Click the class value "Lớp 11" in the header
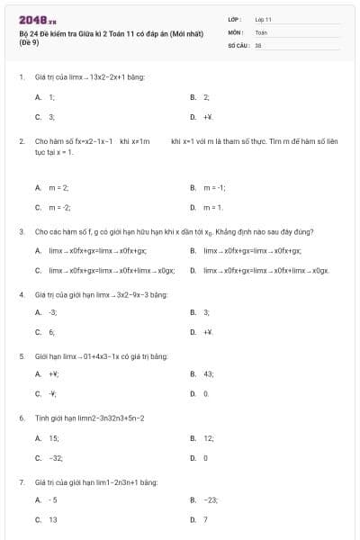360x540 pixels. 263,19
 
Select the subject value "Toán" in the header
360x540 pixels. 261,31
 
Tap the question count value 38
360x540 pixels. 258,44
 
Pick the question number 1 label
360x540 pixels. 21,77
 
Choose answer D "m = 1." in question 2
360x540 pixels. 212,208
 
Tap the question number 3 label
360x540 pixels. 21,231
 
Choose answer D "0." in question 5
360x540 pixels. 206,393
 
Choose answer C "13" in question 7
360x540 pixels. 52,519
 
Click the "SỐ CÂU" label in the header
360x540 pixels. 237,44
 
